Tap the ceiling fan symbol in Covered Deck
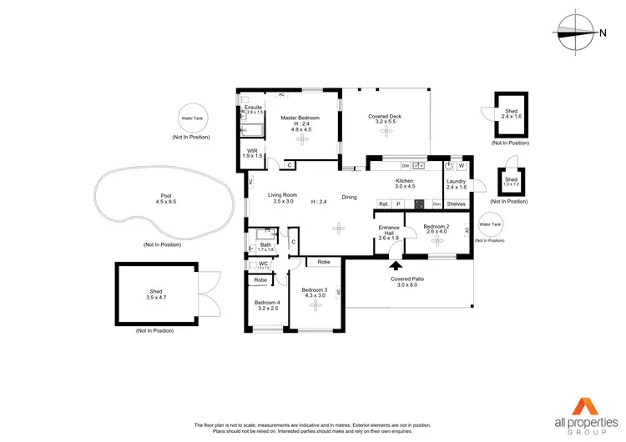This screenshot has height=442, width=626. click(384, 138)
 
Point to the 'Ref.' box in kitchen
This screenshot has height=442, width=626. click(383, 203)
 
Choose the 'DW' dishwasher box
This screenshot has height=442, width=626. click(405, 164)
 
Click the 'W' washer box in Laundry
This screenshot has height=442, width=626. click(461, 165)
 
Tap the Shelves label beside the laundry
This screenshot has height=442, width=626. click(456, 203)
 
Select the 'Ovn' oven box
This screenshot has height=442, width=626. click(436, 203)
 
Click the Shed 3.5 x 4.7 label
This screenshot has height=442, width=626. click(156, 294)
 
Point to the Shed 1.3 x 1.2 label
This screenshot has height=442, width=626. click(510, 181)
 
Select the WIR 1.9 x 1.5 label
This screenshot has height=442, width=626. click(253, 153)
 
